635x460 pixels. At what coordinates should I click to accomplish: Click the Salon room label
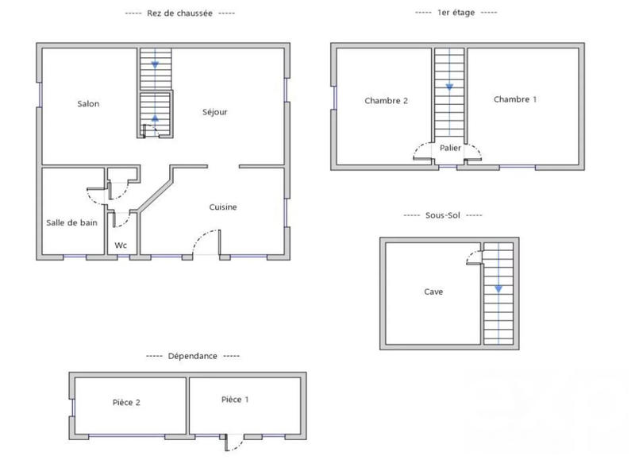point(88,104)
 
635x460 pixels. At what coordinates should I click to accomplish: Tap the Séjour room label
point(214,112)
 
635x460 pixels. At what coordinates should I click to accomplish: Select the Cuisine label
point(223,207)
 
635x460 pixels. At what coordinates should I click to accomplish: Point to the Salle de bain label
point(71,222)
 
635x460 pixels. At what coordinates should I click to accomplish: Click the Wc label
point(121,245)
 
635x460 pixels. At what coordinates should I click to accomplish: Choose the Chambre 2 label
point(386,101)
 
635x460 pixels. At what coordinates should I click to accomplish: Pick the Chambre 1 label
point(515,99)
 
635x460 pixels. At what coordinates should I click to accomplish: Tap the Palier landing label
point(450,148)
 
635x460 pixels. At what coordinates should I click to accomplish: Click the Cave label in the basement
point(433,292)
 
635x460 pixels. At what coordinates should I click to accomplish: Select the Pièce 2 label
point(126,402)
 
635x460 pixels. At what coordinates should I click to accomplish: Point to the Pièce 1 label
point(235,400)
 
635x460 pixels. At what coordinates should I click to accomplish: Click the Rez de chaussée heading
point(180,14)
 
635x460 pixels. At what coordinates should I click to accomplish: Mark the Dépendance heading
point(192,357)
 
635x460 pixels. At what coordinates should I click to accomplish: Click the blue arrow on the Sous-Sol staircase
point(498,289)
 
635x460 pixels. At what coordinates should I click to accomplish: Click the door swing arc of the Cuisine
point(203,236)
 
